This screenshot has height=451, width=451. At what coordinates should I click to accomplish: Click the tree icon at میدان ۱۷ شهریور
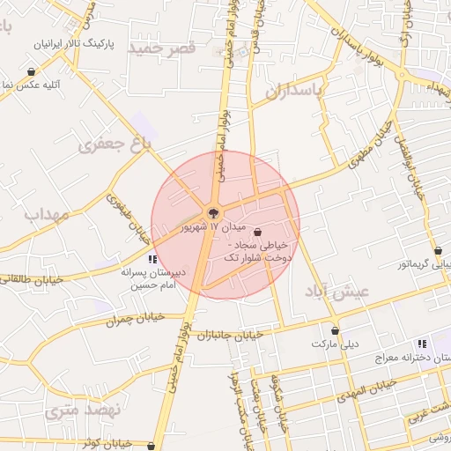click(x=213, y=212)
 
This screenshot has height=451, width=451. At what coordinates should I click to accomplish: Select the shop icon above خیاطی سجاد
click(x=257, y=232)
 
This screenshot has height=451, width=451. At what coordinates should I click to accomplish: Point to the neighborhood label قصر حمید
click(x=161, y=48)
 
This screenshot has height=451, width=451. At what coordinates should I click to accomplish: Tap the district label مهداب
click(x=46, y=214)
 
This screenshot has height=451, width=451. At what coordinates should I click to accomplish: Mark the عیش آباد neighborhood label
click(x=337, y=291)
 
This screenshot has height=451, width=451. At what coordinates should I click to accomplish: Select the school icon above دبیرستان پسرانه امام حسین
click(x=152, y=259)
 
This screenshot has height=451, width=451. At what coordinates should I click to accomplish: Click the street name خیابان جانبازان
click(x=232, y=335)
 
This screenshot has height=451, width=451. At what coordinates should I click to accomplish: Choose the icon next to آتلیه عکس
click(x=32, y=71)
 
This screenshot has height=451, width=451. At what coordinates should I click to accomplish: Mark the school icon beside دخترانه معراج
click(x=423, y=344)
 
